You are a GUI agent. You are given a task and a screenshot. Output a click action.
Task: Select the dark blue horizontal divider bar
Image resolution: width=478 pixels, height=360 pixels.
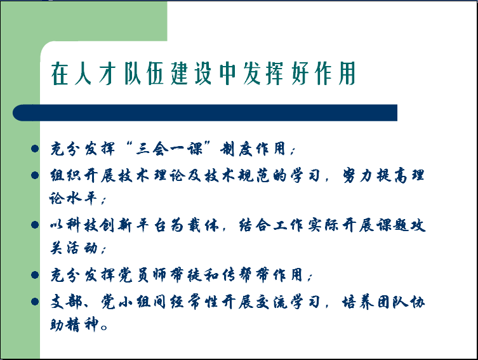(x=205, y=113)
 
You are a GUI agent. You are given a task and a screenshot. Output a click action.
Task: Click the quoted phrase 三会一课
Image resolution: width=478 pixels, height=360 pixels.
(x=169, y=149)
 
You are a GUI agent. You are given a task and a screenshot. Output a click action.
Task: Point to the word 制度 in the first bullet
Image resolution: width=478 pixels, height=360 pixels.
(x=236, y=149)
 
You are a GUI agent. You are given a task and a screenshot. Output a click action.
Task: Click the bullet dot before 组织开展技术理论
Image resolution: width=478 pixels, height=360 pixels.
(x=35, y=175)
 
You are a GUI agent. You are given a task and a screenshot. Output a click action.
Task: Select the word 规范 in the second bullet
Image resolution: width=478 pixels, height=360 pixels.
(x=253, y=175)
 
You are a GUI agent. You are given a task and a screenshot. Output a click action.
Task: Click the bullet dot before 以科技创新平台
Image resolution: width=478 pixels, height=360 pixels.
(x=35, y=225)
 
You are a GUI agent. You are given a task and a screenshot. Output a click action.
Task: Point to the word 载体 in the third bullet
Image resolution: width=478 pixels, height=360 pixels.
(x=203, y=225)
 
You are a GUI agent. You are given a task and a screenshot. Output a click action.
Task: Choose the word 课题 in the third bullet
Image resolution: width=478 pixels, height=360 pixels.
(x=392, y=225)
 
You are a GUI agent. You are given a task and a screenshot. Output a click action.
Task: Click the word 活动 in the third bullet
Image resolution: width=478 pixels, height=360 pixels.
(x=82, y=248)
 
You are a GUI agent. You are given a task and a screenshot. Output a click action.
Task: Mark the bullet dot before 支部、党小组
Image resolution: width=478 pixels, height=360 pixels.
(x=35, y=302)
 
